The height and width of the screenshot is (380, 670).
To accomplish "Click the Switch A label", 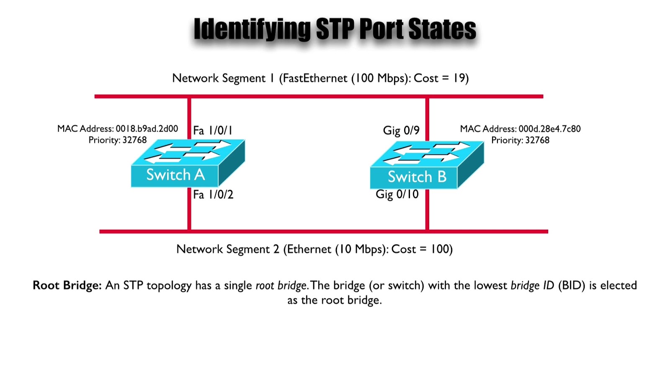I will (175, 175).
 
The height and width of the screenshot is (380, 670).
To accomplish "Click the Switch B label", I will (417, 177).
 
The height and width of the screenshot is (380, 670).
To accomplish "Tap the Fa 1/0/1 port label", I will (212, 131).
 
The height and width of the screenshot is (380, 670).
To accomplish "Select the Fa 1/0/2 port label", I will (213, 195).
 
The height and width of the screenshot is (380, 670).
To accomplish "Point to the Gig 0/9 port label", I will (401, 131).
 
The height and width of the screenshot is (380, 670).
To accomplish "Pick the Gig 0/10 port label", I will (397, 194).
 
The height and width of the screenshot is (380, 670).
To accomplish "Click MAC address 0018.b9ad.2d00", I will (147, 128).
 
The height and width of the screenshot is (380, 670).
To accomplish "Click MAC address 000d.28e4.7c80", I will (549, 128).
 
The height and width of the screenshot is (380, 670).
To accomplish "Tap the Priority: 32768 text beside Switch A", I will (118, 140).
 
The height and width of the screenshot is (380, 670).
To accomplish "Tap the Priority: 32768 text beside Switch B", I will (520, 140).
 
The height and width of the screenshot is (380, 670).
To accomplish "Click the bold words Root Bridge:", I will (67, 285).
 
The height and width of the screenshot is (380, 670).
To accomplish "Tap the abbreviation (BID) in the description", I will (571, 285).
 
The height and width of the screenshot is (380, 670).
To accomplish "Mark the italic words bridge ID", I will (532, 285).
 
